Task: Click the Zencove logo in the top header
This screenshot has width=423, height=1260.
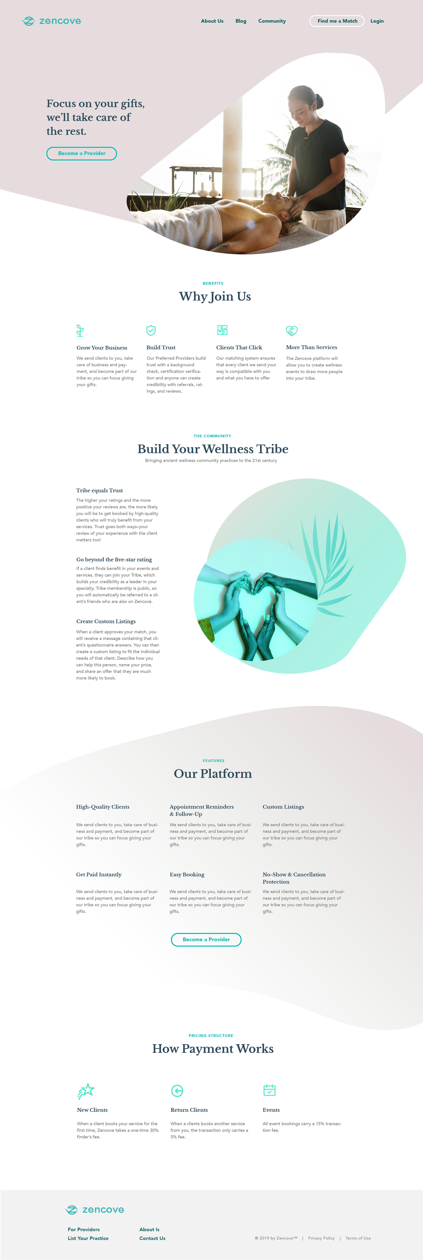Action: (51, 21)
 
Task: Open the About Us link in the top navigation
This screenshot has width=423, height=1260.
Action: (212, 21)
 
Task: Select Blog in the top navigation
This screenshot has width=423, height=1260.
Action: (241, 21)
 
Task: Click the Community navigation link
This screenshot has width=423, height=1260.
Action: (272, 21)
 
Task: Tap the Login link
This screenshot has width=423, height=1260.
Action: (377, 21)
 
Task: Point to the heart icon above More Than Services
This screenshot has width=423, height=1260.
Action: (292, 331)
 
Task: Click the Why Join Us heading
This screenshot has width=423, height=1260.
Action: (215, 296)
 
